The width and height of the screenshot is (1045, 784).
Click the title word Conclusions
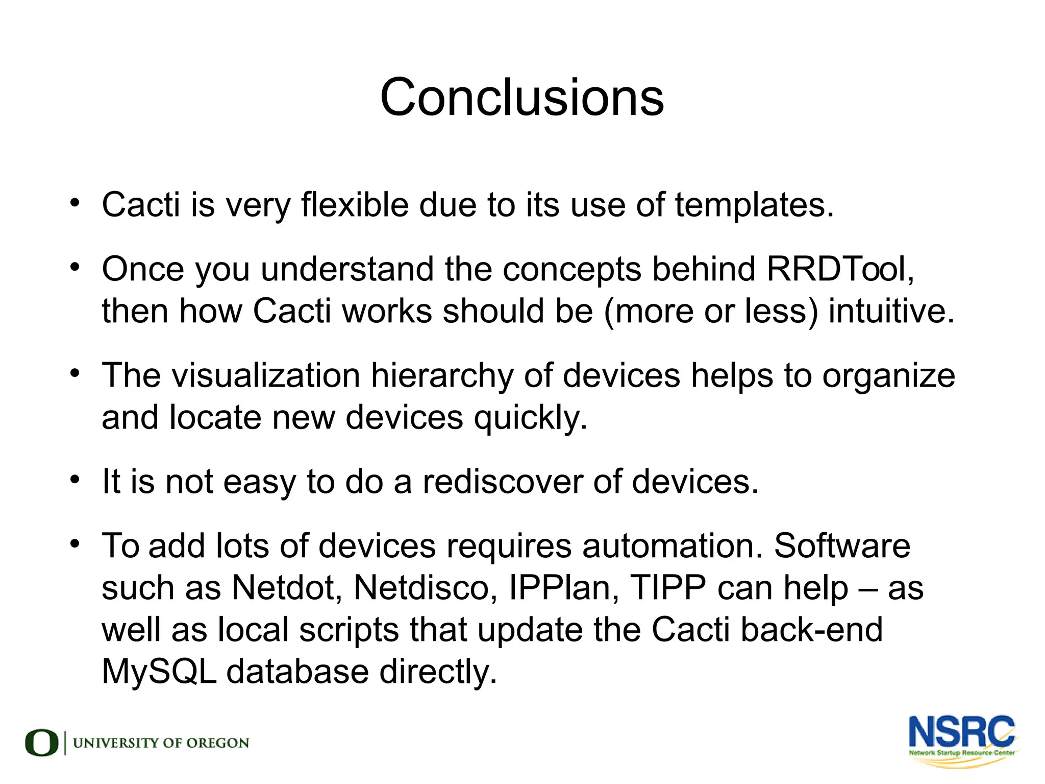[x=522, y=97]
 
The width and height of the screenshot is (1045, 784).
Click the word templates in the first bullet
[x=754, y=205]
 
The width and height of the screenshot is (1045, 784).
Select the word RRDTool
[x=839, y=269]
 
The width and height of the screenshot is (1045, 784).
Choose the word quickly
[x=531, y=418]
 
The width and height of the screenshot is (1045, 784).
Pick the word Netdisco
[x=426, y=588]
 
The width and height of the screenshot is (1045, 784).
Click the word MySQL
[x=159, y=672]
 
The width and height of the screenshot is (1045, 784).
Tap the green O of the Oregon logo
[x=41, y=743]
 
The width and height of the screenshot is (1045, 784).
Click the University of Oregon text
[x=161, y=743]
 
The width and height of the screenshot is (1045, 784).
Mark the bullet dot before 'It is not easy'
[x=75, y=480]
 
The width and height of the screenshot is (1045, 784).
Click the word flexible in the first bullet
[x=355, y=205]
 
